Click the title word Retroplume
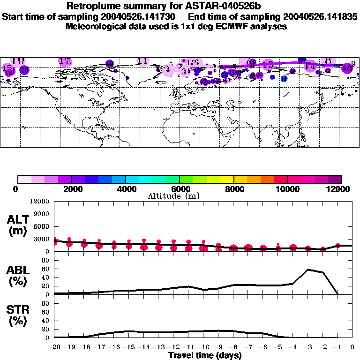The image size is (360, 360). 93,6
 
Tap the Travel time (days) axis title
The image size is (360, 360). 205,355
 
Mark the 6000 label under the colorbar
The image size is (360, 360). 180,189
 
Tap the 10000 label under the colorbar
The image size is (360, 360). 287,189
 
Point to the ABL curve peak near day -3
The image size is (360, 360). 308,270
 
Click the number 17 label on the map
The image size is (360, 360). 65,61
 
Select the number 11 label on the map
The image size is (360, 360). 143,60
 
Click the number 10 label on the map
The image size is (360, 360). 18,61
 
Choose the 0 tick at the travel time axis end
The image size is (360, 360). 352,347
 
